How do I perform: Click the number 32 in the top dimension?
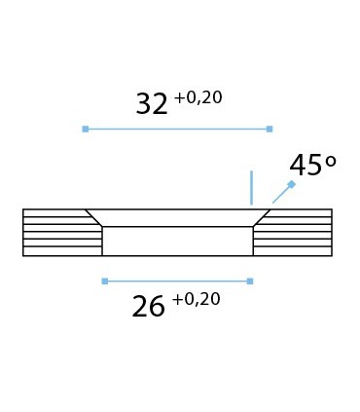(151, 104)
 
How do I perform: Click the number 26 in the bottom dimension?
(148, 307)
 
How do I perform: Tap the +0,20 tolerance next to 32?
(198, 97)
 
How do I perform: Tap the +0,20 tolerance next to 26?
(196, 299)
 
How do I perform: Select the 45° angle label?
(312, 166)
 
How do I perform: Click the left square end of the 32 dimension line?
(86, 129)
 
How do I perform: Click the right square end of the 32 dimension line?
(270, 129)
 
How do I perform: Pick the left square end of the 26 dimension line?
(105, 281)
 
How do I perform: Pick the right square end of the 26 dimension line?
(250, 281)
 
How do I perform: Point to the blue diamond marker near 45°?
(291, 184)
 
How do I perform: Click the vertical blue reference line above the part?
(251, 187)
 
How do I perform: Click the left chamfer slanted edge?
(93, 218)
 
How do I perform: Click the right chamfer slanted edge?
(262, 218)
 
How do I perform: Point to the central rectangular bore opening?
(177, 242)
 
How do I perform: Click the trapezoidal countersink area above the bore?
(177, 218)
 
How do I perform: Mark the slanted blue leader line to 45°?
(281, 194)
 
